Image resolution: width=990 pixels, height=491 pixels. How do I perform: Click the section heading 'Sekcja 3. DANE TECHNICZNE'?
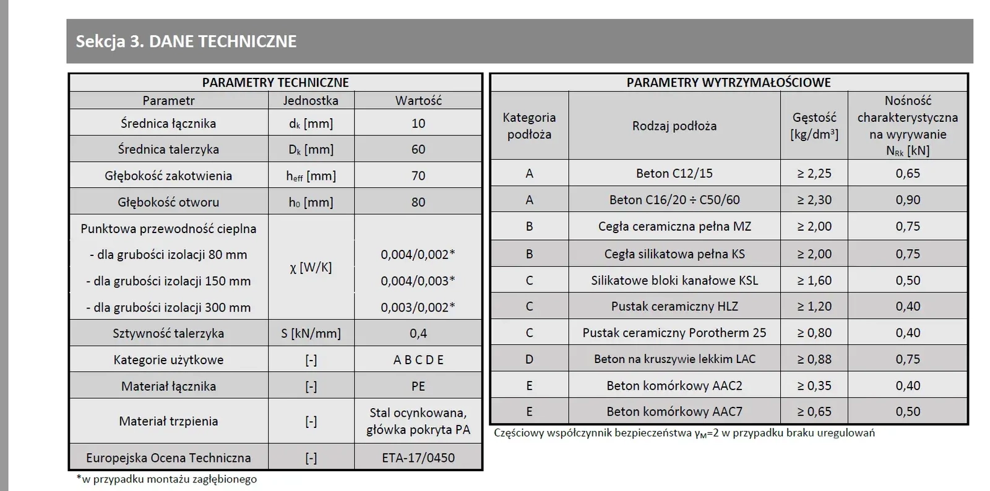point(186,41)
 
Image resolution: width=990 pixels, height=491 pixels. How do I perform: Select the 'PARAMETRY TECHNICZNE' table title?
point(275,82)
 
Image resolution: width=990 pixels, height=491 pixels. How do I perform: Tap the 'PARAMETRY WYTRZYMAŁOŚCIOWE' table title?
point(728,82)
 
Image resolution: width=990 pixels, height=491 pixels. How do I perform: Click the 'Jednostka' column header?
point(311,100)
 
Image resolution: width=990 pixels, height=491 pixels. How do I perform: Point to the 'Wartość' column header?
point(418,100)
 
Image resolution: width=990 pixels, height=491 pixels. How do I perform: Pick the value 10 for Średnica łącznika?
point(418,123)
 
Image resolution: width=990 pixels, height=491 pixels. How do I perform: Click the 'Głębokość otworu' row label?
point(168,202)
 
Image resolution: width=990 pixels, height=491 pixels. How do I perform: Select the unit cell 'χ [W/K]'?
point(311,267)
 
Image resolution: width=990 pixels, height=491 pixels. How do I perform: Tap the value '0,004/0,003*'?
point(418,281)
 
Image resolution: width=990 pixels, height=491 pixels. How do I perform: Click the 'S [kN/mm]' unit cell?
point(311,333)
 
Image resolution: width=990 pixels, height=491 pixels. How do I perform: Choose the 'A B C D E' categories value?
point(418,360)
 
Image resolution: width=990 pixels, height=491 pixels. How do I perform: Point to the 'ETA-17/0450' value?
point(418,458)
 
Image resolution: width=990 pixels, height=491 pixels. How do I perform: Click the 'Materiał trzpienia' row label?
point(168,421)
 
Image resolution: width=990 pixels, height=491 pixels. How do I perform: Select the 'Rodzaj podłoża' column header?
point(674,126)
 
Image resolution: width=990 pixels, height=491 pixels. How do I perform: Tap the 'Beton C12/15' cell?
point(674,174)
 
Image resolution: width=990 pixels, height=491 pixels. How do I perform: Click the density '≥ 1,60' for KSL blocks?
point(814,280)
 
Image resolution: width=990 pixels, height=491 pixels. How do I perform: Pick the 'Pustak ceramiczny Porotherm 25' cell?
point(674,333)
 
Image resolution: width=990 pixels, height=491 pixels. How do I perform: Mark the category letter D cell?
point(529,359)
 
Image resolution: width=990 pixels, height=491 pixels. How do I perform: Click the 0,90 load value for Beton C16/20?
point(908,200)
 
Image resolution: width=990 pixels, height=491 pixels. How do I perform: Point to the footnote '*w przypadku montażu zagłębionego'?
point(166,479)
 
